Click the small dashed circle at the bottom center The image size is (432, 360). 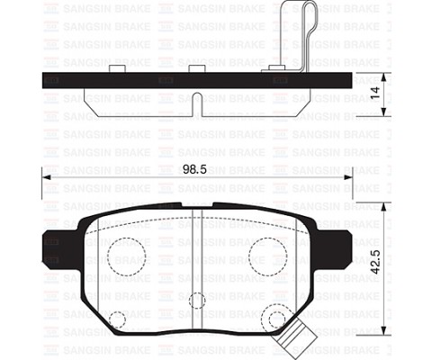tap(197, 301)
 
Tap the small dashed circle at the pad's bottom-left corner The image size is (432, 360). tap(117, 319)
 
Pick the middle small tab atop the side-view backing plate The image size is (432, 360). tap(197, 68)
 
